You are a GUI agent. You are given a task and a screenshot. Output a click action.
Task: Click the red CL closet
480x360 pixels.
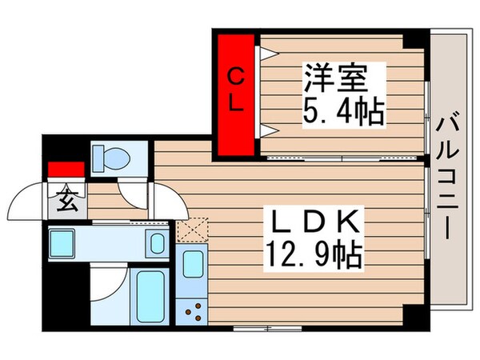(x=234, y=93)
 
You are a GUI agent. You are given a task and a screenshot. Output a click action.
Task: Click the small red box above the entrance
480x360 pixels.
(x=66, y=170)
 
